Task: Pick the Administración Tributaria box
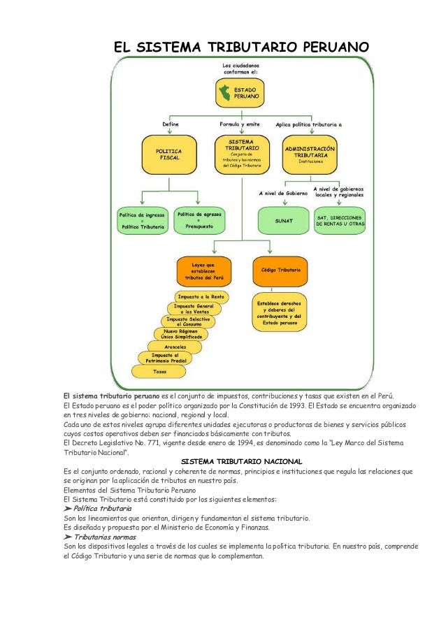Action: (x=310, y=155)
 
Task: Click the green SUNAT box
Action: (x=284, y=221)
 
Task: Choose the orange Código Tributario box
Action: (x=280, y=271)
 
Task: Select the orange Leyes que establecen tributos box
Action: (x=203, y=271)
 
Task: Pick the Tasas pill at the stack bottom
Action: (x=160, y=370)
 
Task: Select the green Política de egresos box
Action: (x=199, y=221)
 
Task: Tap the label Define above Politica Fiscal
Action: (x=170, y=124)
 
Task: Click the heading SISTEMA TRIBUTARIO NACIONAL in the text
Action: (x=241, y=462)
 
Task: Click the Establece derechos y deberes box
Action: (x=280, y=313)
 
